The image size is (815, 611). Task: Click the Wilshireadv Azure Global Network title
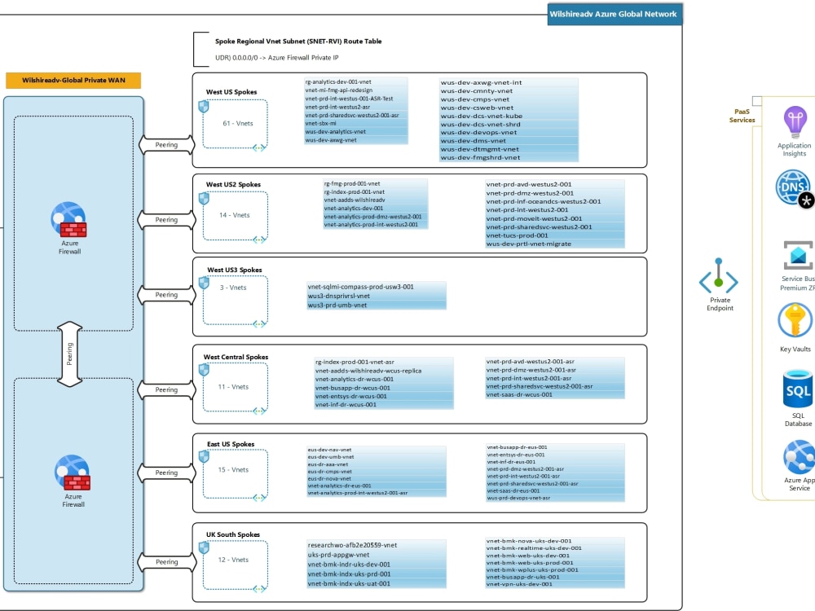point(614,14)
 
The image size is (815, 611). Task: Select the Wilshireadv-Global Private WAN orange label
point(73,81)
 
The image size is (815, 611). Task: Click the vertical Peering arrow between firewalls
point(69,354)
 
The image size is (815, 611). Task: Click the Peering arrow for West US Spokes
point(166,145)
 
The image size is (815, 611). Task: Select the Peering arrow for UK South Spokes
point(166,561)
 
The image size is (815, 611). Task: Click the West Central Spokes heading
point(236,357)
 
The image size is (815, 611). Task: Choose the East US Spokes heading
point(231,444)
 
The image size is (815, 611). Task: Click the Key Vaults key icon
point(795,320)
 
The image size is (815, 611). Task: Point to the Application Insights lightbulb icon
point(795,122)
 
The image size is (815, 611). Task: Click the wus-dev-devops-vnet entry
point(479,132)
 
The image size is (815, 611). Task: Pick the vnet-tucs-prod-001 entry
point(518,235)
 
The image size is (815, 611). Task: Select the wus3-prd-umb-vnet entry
point(337,305)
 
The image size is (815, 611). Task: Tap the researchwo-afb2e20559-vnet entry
point(352,545)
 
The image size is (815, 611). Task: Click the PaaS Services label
point(742,116)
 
